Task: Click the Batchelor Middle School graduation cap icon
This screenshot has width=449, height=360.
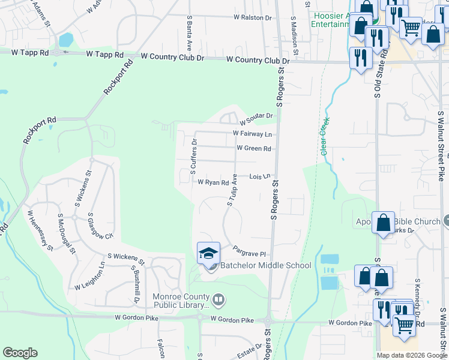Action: (x=208, y=253)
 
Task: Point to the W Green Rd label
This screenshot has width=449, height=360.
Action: (x=254, y=148)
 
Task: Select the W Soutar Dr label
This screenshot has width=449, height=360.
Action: (x=256, y=116)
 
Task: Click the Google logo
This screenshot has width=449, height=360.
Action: (x=20, y=353)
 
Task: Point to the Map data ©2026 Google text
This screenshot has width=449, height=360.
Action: (x=411, y=355)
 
